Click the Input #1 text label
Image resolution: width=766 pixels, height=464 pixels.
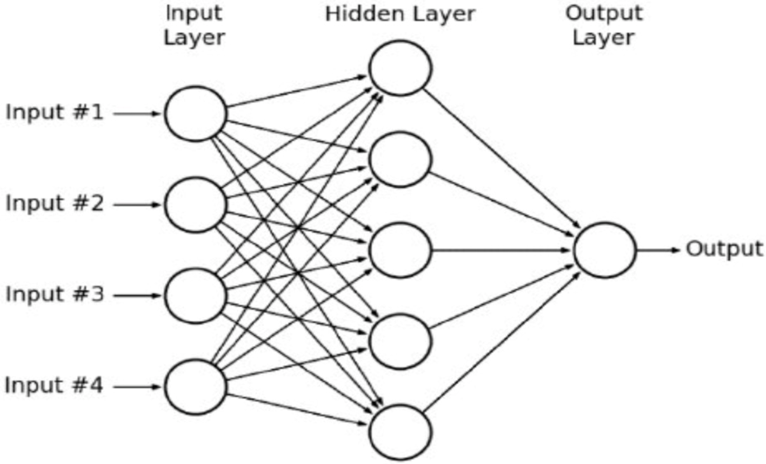[x=54, y=113]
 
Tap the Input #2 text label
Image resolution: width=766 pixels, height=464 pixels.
[x=54, y=204]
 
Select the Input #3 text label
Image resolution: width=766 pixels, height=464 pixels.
[x=54, y=295]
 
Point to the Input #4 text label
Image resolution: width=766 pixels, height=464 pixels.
[x=54, y=385]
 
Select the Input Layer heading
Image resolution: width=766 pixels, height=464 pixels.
[x=194, y=26]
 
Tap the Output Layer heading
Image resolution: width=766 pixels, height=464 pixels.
[x=604, y=26]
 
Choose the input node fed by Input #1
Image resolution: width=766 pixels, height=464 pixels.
[x=195, y=113]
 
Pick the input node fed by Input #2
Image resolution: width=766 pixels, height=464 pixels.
[x=195, y=205]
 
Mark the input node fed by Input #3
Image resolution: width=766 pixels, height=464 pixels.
[x=195, y=296]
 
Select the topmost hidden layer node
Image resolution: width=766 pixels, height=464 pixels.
[x=400, y=67]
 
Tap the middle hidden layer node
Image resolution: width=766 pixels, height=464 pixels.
[x=400, y=250]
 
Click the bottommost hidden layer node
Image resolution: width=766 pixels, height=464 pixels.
[x=400, y=432]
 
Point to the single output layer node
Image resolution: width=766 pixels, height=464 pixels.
[x=605, y=250]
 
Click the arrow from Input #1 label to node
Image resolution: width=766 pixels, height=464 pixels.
[x=137, y=114]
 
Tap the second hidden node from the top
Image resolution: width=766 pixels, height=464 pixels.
[x=400, y=159]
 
